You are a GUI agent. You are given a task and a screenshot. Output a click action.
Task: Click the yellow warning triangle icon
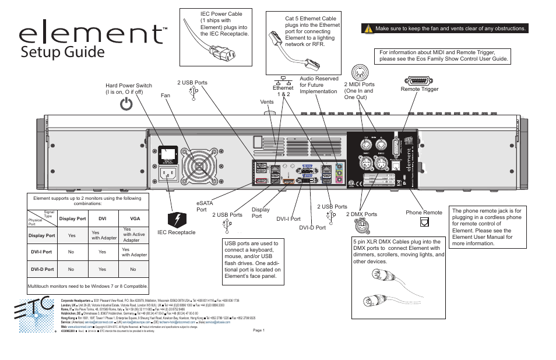tap(368, 28)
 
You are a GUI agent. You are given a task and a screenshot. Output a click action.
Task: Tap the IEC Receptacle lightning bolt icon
tap(176, 220)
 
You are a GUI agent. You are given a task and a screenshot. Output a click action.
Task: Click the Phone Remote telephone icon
tap(424, 222)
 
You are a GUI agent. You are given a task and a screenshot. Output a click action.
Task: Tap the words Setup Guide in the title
tap(62, 52)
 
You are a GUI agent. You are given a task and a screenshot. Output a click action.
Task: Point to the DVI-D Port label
tap(312, 228)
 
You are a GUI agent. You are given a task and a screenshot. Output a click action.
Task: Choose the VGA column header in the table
tap(134, 219)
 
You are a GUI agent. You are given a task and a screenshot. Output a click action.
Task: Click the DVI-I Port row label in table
tap(41, 252)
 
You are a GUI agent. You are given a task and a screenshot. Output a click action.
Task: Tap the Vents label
tap(267, 102)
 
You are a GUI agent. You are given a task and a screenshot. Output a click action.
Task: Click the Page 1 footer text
tap(259, 330)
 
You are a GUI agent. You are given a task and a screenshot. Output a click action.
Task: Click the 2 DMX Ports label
tap(361, 214)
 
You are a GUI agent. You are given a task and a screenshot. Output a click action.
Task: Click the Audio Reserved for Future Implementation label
tap(319, 85)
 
